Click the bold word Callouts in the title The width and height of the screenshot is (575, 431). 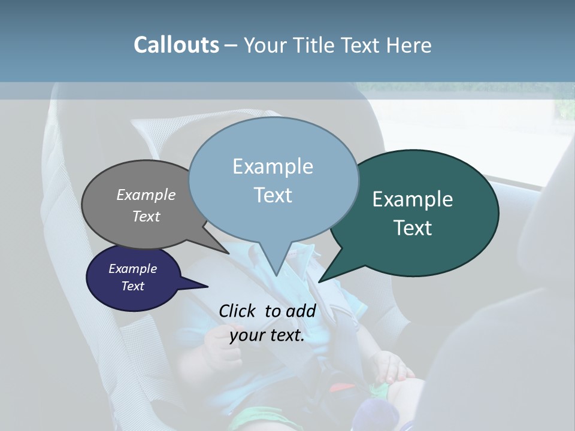tap(176, 45)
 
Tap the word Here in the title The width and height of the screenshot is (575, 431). tap(408, 45)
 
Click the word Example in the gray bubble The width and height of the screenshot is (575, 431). tap(146, 195)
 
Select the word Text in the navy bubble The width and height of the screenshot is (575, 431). tap(133, 286)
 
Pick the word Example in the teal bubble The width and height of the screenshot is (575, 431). tap(413, 199)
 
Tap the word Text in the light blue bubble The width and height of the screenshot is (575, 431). tap(273, 195)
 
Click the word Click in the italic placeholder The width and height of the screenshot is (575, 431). tap(238, 311)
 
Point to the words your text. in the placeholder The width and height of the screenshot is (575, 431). tap(267, 336)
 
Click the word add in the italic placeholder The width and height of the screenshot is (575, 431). tap(301, 311)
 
